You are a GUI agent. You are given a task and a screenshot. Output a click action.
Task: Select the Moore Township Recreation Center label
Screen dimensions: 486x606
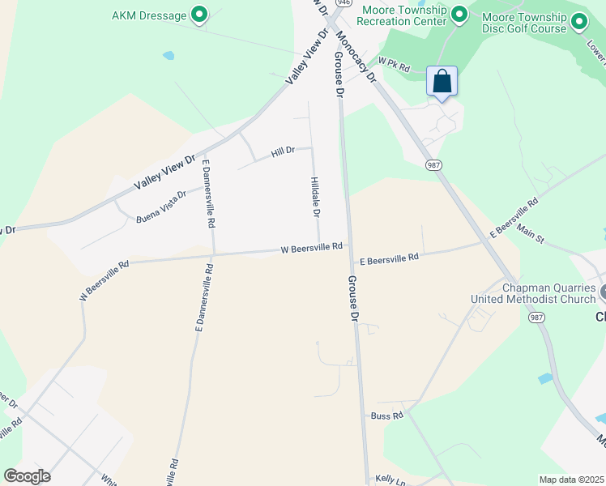tap(403, 15)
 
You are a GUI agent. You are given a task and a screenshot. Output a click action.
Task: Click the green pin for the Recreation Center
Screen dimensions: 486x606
tap(459, 15)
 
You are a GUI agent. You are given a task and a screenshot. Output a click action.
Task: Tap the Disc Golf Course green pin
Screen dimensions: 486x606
tap(579, 23)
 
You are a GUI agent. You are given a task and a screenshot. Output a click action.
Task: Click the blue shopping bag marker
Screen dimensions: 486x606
tap(442, 82)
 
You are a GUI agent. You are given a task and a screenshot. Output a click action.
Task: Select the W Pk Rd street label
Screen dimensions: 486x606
tap(395, 62)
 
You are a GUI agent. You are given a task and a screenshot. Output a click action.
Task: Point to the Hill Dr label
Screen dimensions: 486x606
tap(282, 151)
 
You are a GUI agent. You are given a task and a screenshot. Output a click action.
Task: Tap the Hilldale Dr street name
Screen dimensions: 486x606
tap(315, 197)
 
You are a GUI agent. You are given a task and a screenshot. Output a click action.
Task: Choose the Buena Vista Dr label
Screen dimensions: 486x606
tap(160, 207)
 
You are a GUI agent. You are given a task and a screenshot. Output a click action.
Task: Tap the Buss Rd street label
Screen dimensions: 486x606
tap(386, 416)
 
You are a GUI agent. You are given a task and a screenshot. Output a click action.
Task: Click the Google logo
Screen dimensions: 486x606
tap(27, 475)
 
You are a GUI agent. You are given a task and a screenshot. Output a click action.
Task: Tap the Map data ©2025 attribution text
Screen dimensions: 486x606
tap(570, 480)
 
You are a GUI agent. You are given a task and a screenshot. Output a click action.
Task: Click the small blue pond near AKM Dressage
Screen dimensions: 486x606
tap(169, 56)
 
